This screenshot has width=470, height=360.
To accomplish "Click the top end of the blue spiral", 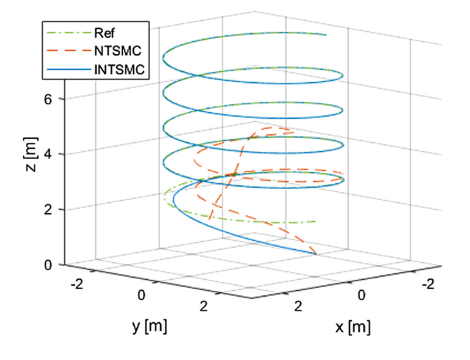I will tap(325, 35).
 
